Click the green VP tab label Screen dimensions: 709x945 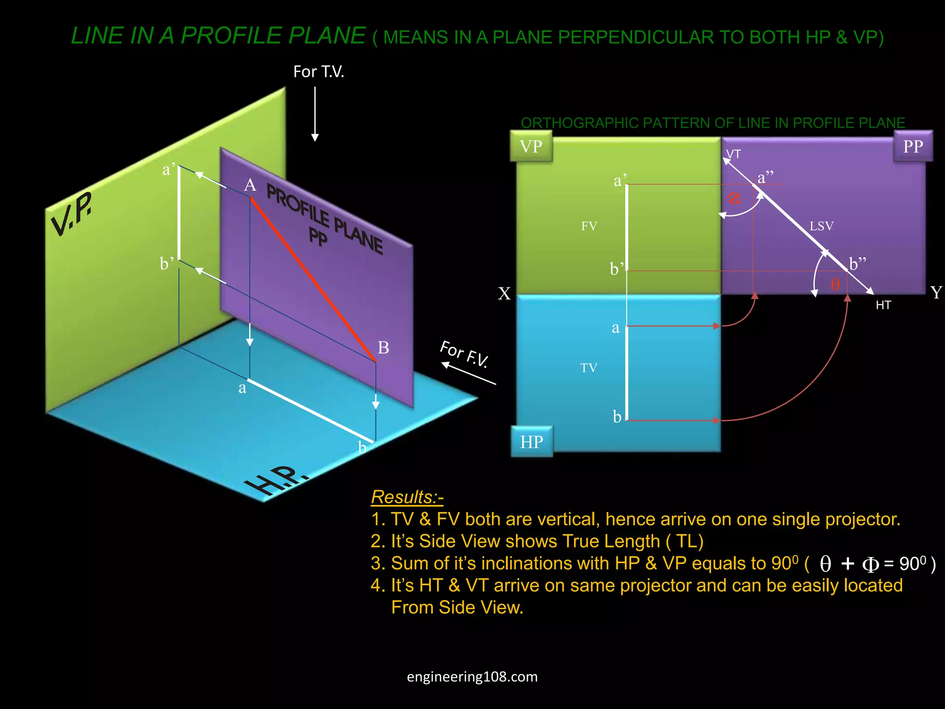pos(531,146)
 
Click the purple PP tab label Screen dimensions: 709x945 pos(913,146)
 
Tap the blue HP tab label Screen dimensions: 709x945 pos(532,442)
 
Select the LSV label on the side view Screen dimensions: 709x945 pos(821,226)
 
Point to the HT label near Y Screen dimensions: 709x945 pos(883,305)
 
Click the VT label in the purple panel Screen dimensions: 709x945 pos(733,154)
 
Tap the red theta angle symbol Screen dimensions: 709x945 pos(835,284)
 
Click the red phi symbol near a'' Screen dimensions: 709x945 pos(734,198)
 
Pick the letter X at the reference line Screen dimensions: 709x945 pos(504,294)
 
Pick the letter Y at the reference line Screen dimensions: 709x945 pos(936,293)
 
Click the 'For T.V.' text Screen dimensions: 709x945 pos(318,72)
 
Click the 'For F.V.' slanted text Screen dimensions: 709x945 pos(464,354)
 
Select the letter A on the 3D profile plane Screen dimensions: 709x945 pos(250,185)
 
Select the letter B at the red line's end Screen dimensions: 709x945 pos(383,348)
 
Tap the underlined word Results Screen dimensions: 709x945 pos(407,497)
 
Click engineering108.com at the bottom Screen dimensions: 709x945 pos(472,677)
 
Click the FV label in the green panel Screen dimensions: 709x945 pos(589,226)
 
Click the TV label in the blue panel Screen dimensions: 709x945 pos(588,368)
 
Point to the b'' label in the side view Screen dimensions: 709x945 pos(857,264)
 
